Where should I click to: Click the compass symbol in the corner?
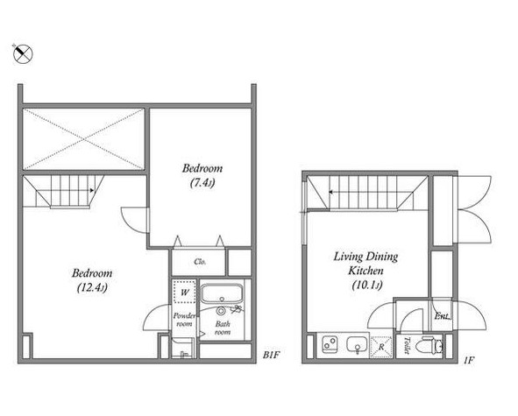coord(23,53)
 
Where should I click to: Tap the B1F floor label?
coord(271,356)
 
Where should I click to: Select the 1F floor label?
coord(469,360)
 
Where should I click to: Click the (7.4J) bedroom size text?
coord(202,182)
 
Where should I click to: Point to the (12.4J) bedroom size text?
coord(92,287)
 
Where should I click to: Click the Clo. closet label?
coord(200,262)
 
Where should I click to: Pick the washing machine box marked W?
coord(184,292)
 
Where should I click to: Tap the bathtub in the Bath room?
coord(222,294)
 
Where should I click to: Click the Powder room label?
coord(184,320)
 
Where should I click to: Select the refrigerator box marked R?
coord(381,347)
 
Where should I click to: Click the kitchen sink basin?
coord(358,345)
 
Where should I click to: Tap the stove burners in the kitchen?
coord(330,344)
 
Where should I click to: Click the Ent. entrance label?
coord(442,316)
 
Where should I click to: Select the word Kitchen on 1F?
coord(365,271)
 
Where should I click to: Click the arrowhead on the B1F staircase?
coord(93,191)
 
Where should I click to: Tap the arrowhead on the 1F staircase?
coord(330,192)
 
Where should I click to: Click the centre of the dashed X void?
coord(84,139)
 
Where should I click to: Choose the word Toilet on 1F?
coord(407,346)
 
